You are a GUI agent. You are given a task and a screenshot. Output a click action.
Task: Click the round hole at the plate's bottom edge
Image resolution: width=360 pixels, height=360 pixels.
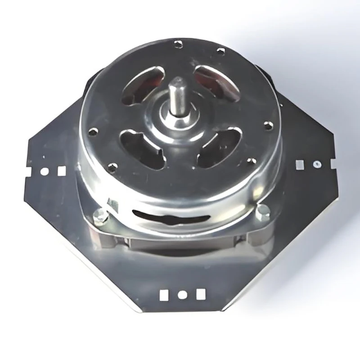[x=183, y=296]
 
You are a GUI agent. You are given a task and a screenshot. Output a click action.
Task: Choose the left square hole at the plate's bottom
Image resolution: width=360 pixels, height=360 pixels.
[x=165, y=295]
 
